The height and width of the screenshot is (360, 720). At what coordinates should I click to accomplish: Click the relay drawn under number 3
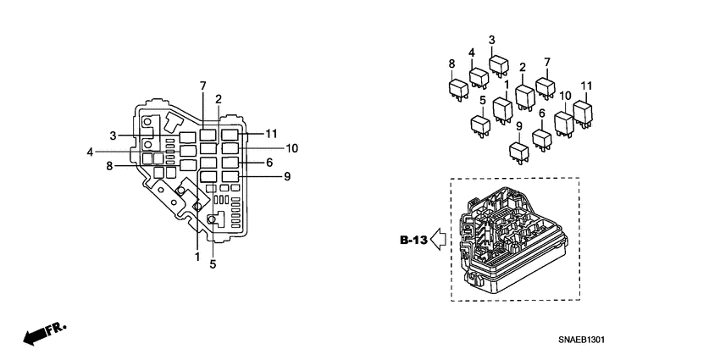click(x=498, y=64)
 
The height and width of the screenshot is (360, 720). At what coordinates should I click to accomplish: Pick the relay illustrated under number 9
click(x=518, y=151)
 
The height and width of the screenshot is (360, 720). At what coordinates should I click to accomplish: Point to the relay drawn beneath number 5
click(x=480, y=125)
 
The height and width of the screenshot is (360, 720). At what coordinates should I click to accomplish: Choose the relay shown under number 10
click(x=564, y=122)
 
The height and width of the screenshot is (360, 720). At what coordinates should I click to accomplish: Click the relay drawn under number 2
click(x=523, y=97)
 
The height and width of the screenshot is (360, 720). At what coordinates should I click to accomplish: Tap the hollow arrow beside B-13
click(x=438, y=241)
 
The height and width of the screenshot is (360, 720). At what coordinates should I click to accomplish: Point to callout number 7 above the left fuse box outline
click(x=203, y=86)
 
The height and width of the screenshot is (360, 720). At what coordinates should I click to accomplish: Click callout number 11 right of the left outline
click(x=270, y=134)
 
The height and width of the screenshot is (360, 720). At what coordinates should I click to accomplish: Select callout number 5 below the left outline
click(x=213, y=264)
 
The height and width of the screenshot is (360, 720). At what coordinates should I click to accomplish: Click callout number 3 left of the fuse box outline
click(x=113, y=135)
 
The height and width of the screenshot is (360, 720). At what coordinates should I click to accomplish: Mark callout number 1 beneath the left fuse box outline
click(x=197, y=256)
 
